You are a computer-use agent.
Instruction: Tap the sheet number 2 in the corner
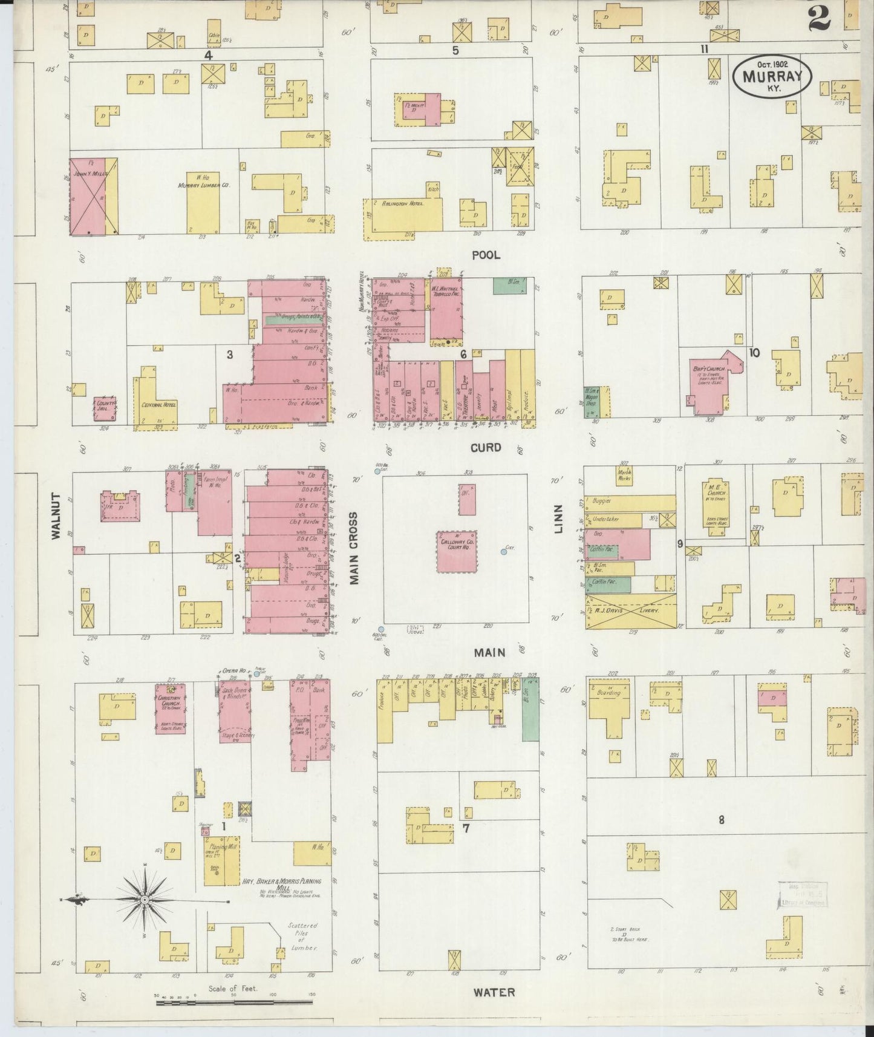tap(819, 19)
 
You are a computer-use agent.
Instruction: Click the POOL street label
tap(486, 255)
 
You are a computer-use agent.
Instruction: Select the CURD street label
tap(486, 448)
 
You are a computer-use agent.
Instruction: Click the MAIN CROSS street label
tap(354, 548)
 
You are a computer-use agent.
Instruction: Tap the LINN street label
tap(558, 518)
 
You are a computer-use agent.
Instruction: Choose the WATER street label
tap(494, 992)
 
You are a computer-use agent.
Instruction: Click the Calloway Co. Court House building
tap(457, 552)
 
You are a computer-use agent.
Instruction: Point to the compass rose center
tap(145, 901)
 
